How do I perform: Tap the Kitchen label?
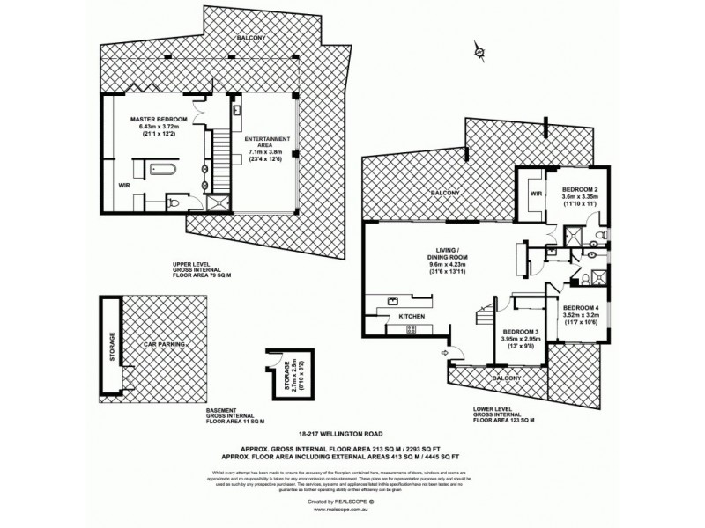[x=412, y=315]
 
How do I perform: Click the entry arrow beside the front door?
[x=445, y=354]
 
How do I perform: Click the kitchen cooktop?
[x=411, y=330]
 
